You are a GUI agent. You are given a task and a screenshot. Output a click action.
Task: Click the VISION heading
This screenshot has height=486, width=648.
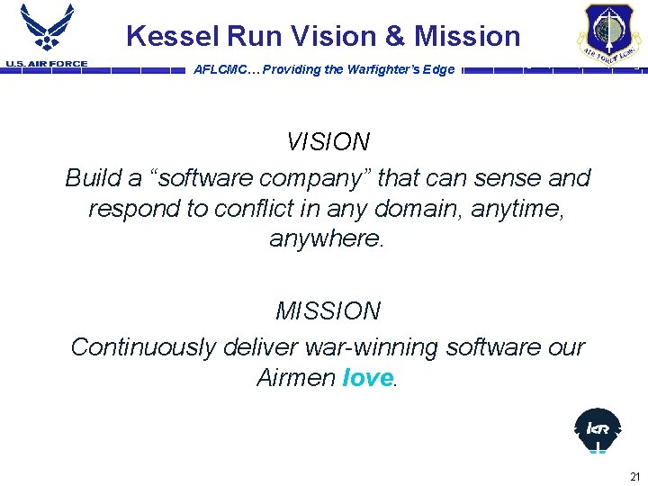pyautogui.click(x=328, y=142)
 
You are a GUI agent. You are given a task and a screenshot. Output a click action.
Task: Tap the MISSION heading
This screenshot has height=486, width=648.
pyautogui.click(x=328, y=311)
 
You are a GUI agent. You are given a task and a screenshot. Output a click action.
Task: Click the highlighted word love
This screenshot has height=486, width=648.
pyautogui.click(x=368, y=378)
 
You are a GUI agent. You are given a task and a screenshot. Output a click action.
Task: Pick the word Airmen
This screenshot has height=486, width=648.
pyautogui.click(x=296, y=378)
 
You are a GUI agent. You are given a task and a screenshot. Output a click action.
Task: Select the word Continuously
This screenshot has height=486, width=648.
pyautogui.click(x=144, y=347)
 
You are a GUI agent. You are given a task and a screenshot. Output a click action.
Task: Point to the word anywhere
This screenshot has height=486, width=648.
pyautogui.click(x=326, y=239)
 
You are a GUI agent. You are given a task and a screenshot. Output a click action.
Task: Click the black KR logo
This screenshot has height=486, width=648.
pyautogui.click(x=598, y=429)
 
